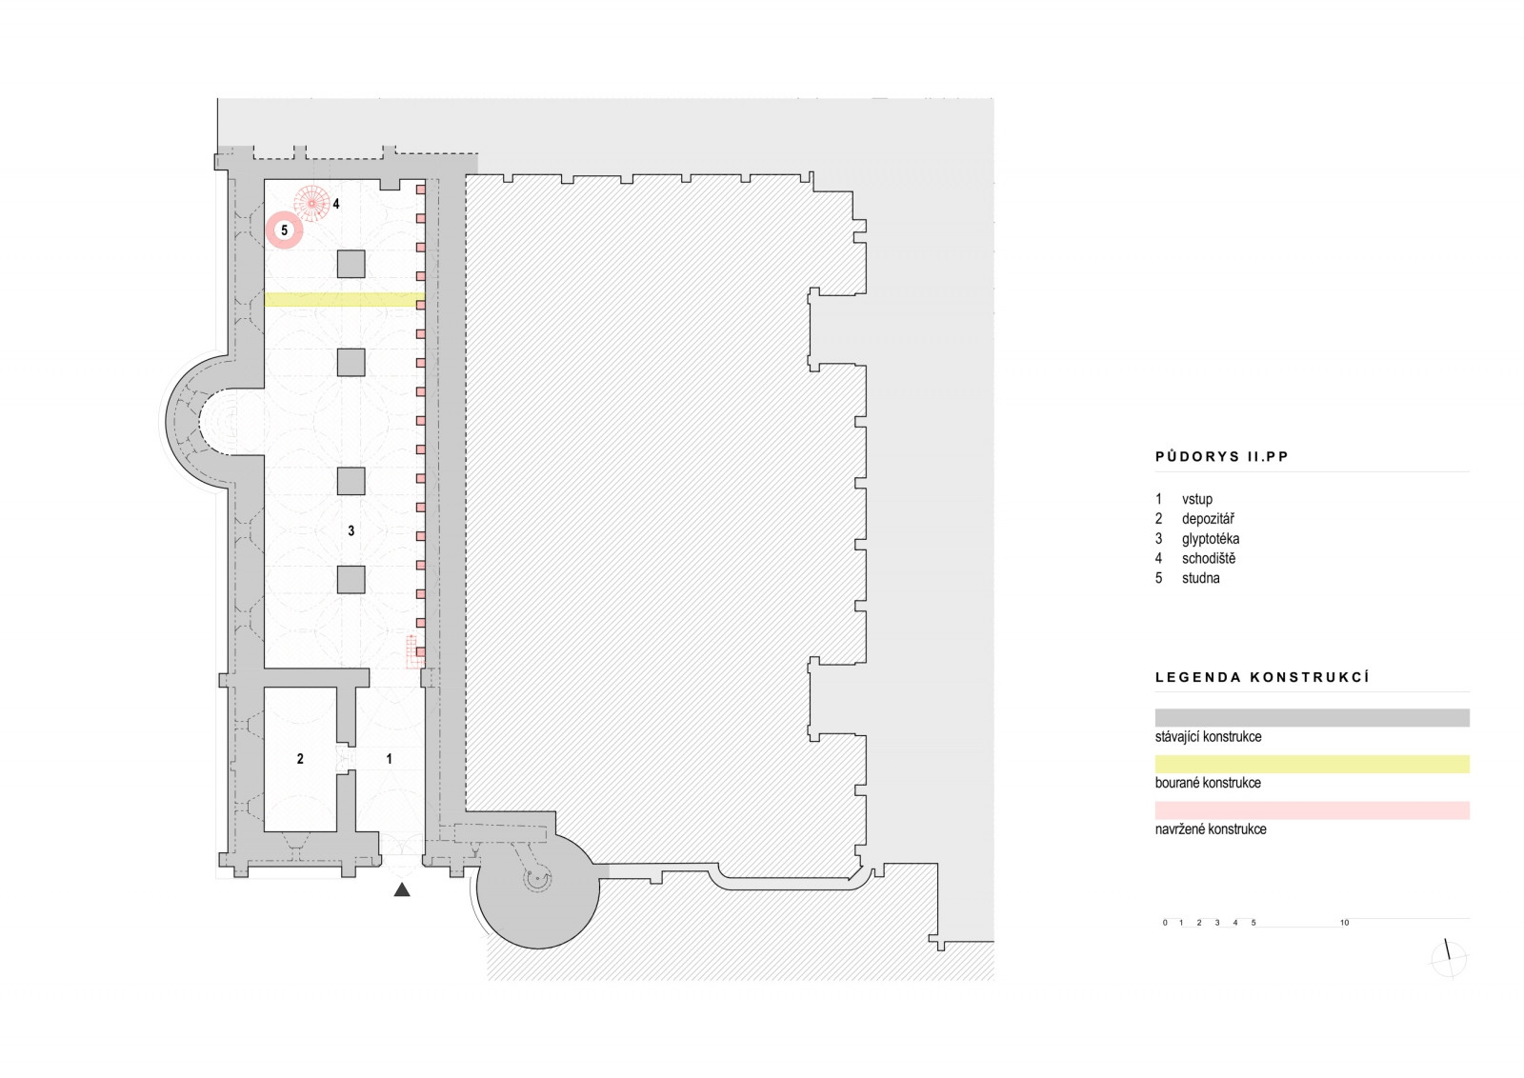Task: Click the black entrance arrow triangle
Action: point(402,889)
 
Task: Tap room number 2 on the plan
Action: point(300,759)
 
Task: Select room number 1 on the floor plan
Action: point(389,759)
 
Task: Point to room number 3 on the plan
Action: point(351,530)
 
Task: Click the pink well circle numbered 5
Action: point(284,230)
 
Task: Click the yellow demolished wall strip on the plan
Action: point(343,300)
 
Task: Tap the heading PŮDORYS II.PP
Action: point(1221,457)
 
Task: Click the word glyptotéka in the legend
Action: point(1211,539)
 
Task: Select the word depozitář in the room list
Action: point(1208,519)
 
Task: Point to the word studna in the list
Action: point(1200,578)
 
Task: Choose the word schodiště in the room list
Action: point(1209,559)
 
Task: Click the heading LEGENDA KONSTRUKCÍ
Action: point(1262,678)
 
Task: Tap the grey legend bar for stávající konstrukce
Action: point(1312,718)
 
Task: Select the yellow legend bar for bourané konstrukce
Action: point(1312,764)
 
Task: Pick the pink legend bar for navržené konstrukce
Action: point(1312,810)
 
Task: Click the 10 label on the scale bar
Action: point(1344,923)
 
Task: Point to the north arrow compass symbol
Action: point(1449,959)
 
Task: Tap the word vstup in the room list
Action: point(1197,499)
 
